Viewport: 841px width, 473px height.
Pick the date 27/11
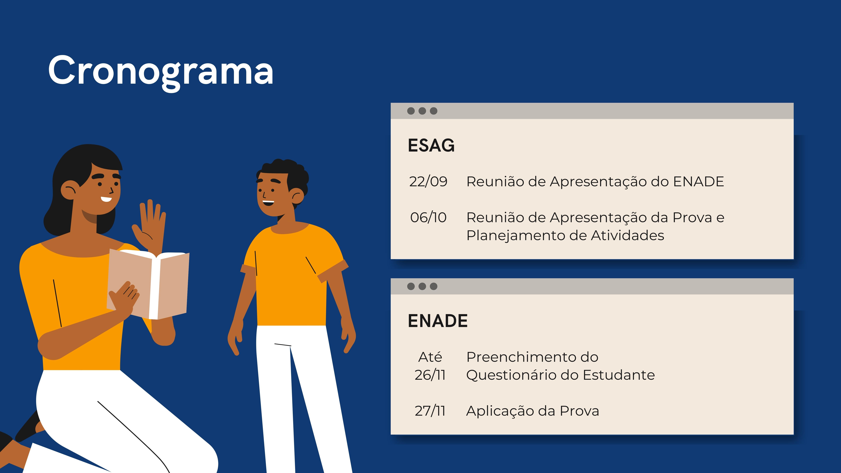coord(430,411)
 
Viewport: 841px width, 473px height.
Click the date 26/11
coord(430,375)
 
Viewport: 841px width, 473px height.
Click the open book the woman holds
coord(148,284)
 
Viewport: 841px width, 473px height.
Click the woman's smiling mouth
coord(106,199)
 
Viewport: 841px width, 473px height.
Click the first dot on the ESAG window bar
coord(411,111)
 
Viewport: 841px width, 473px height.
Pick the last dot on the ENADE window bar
coord(433,286)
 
